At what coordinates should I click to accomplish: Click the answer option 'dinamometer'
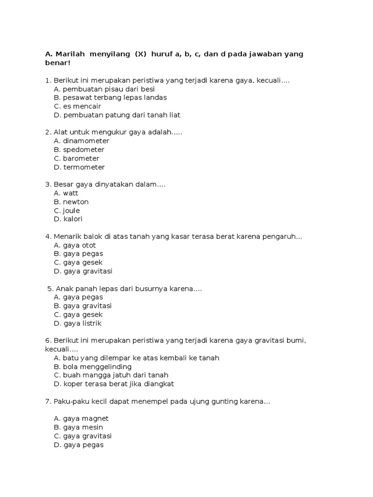(x=82, y=141)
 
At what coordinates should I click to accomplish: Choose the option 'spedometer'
(x=79, y=149)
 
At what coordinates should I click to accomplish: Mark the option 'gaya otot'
(x=75, y=245)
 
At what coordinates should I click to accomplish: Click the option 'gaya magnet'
(x=81, y=418)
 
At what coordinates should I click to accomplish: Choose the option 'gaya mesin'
(x=80, y=427)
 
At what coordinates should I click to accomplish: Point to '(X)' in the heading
(x=140, y=54)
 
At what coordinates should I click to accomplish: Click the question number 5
(x=51, y=289)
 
